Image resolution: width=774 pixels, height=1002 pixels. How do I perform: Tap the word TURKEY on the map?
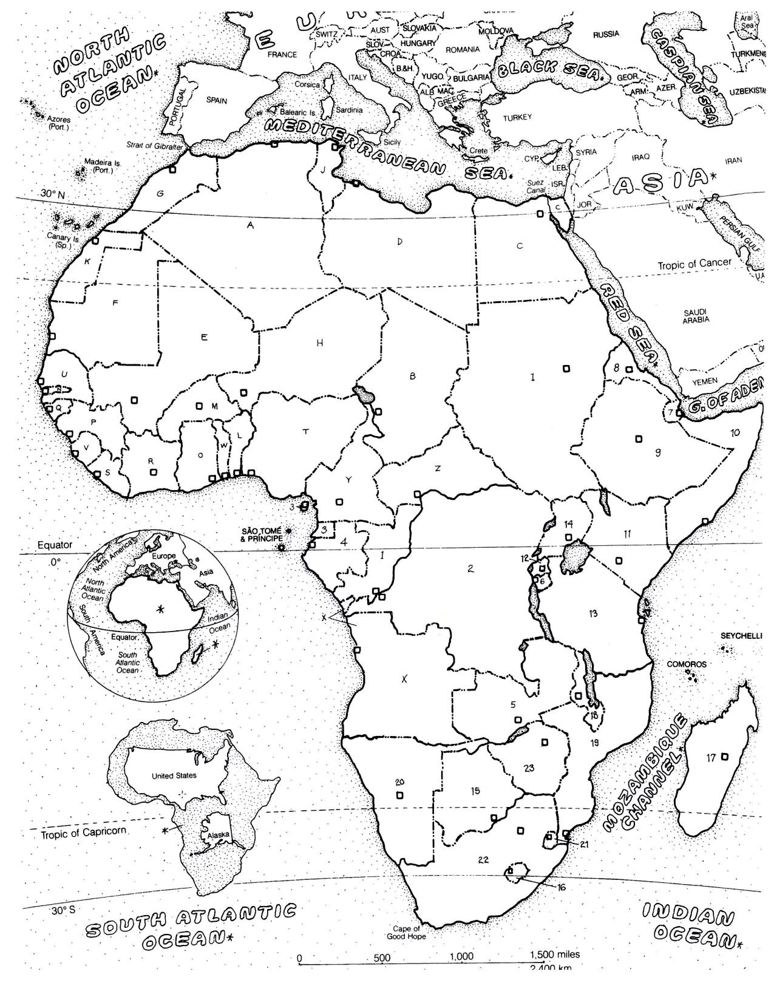(517, 117)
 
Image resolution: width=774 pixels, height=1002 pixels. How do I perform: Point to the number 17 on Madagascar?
(711, 757)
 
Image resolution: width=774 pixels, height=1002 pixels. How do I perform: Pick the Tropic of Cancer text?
(694, 264)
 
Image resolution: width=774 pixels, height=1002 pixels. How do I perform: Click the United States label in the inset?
(174, 775)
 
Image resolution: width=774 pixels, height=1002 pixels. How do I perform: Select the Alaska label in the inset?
(219, 835)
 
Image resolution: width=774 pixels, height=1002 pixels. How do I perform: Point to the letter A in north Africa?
(250, 225)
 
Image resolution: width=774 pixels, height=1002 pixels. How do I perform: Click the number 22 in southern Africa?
(484, 859)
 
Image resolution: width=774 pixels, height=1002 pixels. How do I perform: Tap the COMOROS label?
(687, 664)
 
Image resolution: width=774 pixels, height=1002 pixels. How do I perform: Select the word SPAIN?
(217, 101)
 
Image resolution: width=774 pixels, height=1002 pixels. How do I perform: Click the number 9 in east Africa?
(657, 452)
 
